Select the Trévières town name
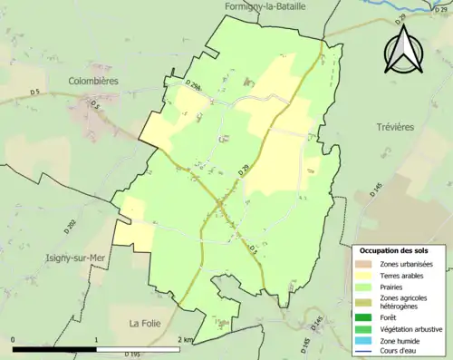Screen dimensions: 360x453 tap(391, 127)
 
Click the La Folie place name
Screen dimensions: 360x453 tap(145, 322)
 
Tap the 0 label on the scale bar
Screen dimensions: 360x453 tap(13, 340)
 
